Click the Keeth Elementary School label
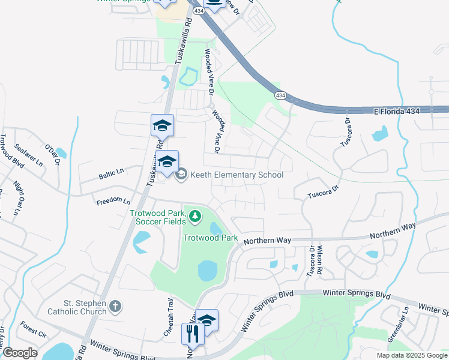point(237,175)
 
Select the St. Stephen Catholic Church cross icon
point(116,307)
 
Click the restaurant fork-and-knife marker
point(193,333)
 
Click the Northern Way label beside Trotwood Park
point(267,239)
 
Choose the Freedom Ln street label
point(113,201)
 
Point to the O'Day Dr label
point(53,152)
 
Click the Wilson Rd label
point(321,260)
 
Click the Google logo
point(19,353)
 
